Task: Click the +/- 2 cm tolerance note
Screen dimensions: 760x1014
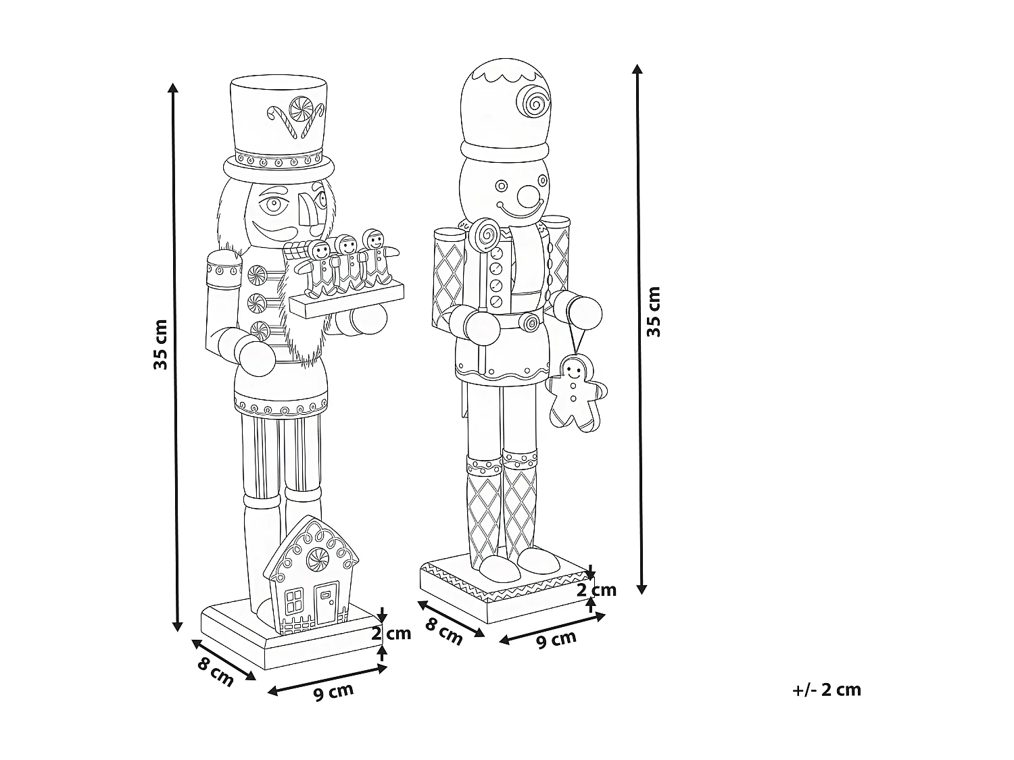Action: click(827, 690)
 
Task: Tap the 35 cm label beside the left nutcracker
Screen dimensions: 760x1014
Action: click(160, 345)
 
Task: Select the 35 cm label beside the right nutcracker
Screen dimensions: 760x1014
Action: click(654, 311)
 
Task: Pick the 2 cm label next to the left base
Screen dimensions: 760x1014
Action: click(391, 633)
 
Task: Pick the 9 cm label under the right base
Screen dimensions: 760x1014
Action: click(556, 639)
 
